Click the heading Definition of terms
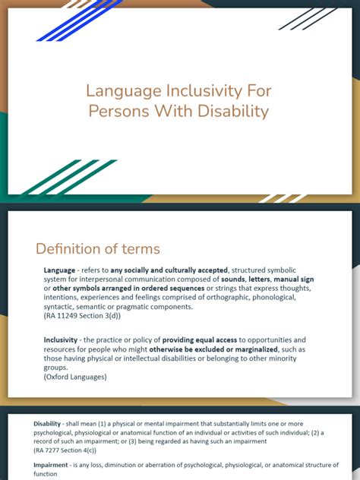pos(98,248)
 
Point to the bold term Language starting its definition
pos(60,270)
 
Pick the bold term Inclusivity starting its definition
pos(62,339)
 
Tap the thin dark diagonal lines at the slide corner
pos(307,18)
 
